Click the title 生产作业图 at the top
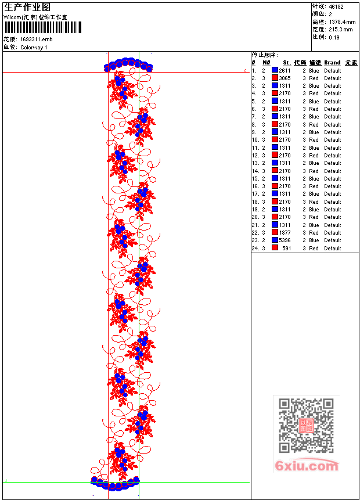pyautogui.click(x=27, y=7)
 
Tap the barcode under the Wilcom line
pyautogui.click(x=43, y=27)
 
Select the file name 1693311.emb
pyautogui.click(x=36, y=39)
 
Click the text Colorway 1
pyautogui.click(x=34, y=47)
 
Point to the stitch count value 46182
pyautogui.click(x=336, y=6)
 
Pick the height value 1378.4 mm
pyautogui.click(x=342, y=21)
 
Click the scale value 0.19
pyautogui.click(x=334, y=37)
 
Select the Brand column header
pyautogui.click(x=332, y=63)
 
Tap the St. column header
pyautogui.click(x=287, y=63)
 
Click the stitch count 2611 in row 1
pyautogui.click(x=285, y=70)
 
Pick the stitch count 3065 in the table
pyautogui.click(x=285, y=78)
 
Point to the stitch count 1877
pyautogui.click(x=285, y=232)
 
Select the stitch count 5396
pyautogui.click(x=285, y=240)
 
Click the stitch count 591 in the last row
pyautogui.click(x=286, y=248)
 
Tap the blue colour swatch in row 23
pyautogui.click(x=275, y=240)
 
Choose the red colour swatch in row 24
pyautogui.click(x=275, y=248)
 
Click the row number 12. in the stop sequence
pyautogui.click(x=255, y=155)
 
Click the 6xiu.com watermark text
pyautogui.click(x=306, y=466)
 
